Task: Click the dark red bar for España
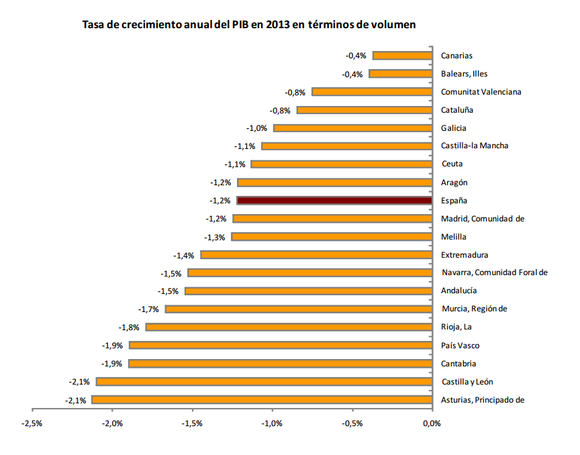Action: (334, 200)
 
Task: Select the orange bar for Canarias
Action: (402, 56)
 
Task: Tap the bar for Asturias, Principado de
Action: (262, 400)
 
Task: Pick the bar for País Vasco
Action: (281, 345)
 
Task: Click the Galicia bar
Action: (352, 128)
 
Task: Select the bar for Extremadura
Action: (316, 254)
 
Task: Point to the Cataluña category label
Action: (458, 110)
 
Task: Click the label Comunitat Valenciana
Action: (481, 92)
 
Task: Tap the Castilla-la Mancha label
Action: (475, 146)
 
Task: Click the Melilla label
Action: (454, 237)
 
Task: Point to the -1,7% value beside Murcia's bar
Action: (149, 309)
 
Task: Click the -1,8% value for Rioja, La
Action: (130, 327)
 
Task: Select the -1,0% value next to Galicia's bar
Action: (257, 128)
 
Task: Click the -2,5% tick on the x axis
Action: (33, 423)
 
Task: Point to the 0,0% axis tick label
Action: (432, 423)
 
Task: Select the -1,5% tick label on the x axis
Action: (193, 423)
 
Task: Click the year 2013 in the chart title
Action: (277, 25)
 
